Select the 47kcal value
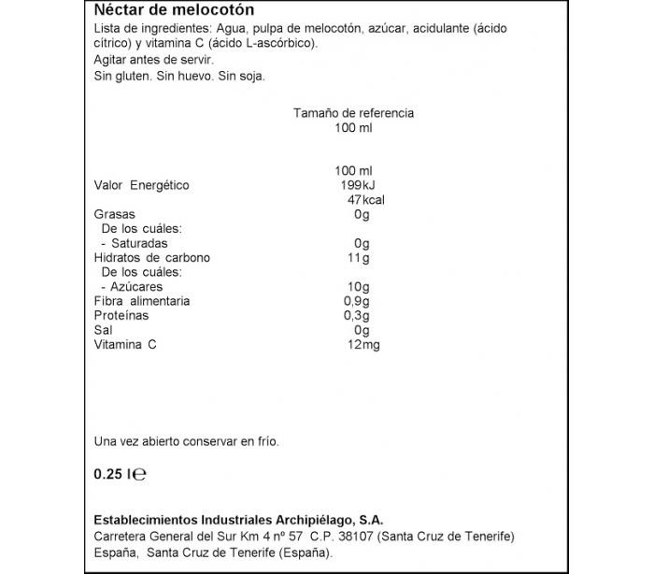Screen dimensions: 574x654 (365, 200)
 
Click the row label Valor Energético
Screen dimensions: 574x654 (142, 185)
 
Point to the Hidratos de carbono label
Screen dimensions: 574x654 (152, 258)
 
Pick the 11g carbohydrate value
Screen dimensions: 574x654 (359, 258)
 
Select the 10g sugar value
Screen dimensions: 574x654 (359, 287)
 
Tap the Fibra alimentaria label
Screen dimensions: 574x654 (142, 301)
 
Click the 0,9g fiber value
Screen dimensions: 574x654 (357, 301)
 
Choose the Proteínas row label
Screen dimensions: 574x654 (122, 316)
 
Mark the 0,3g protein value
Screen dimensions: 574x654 (357, 316)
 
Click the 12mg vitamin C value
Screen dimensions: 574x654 (363, 345)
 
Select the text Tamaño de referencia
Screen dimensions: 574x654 (353, 113)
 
